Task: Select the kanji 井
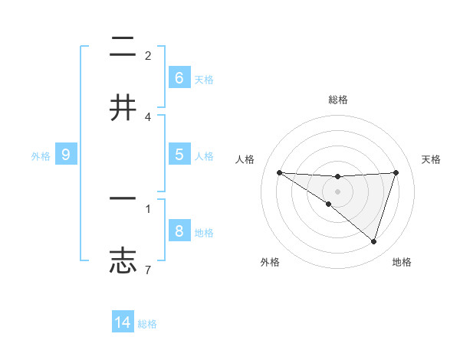(123, 107)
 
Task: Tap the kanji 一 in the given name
(123, 198)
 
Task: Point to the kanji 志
(123, 260)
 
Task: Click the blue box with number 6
(179, 78)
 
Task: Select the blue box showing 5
(179, 155)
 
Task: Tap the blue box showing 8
(179, 231)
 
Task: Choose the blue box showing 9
(66, 155)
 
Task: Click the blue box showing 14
(123, 323)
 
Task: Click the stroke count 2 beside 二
(148, 55)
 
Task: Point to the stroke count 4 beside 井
(148, 116)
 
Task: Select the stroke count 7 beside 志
(148, 270)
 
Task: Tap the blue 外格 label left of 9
(41, 155)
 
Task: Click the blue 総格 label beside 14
(147, 324)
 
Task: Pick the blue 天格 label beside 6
(204, 79)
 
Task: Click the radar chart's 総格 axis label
(337, 100)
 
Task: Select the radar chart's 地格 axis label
(402, 262)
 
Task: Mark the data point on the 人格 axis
(279, 172)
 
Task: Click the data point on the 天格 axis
(396, 172)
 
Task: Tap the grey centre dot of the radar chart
(337, 191)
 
